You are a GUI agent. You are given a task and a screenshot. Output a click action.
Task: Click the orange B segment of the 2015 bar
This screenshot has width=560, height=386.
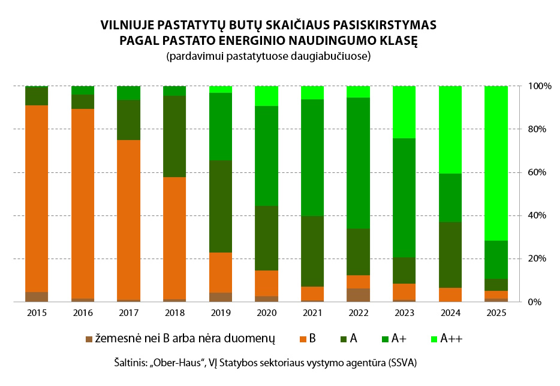(x=37, y=197)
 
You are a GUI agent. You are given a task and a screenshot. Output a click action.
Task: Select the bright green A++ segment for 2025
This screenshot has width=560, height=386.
(x=496, y=163)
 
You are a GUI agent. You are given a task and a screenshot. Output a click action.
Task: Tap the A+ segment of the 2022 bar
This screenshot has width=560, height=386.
(x=359, y=163)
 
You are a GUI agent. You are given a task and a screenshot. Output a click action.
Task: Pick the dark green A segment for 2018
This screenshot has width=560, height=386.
(x=174, y=136)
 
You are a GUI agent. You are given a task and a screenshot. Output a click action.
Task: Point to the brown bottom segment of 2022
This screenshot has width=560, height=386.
(x=359, y=295)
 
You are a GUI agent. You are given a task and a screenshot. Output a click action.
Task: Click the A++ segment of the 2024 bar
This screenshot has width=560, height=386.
(x=450, y=129)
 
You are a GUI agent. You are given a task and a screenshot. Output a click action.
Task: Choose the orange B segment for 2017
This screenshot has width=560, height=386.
(x=128, y=220)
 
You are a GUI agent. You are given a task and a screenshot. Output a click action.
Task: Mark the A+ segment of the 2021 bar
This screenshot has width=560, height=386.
(x=312, y=157)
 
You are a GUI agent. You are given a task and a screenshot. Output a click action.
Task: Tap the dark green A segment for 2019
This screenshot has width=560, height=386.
(x=221, y=206)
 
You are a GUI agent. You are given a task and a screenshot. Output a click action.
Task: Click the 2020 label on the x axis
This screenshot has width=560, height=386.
(x=267, y=313)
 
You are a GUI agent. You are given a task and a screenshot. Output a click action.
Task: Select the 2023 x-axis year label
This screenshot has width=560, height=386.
(x=405, y=313)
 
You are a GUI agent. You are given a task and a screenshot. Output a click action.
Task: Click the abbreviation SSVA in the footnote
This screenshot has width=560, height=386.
(x=401, y=363)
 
